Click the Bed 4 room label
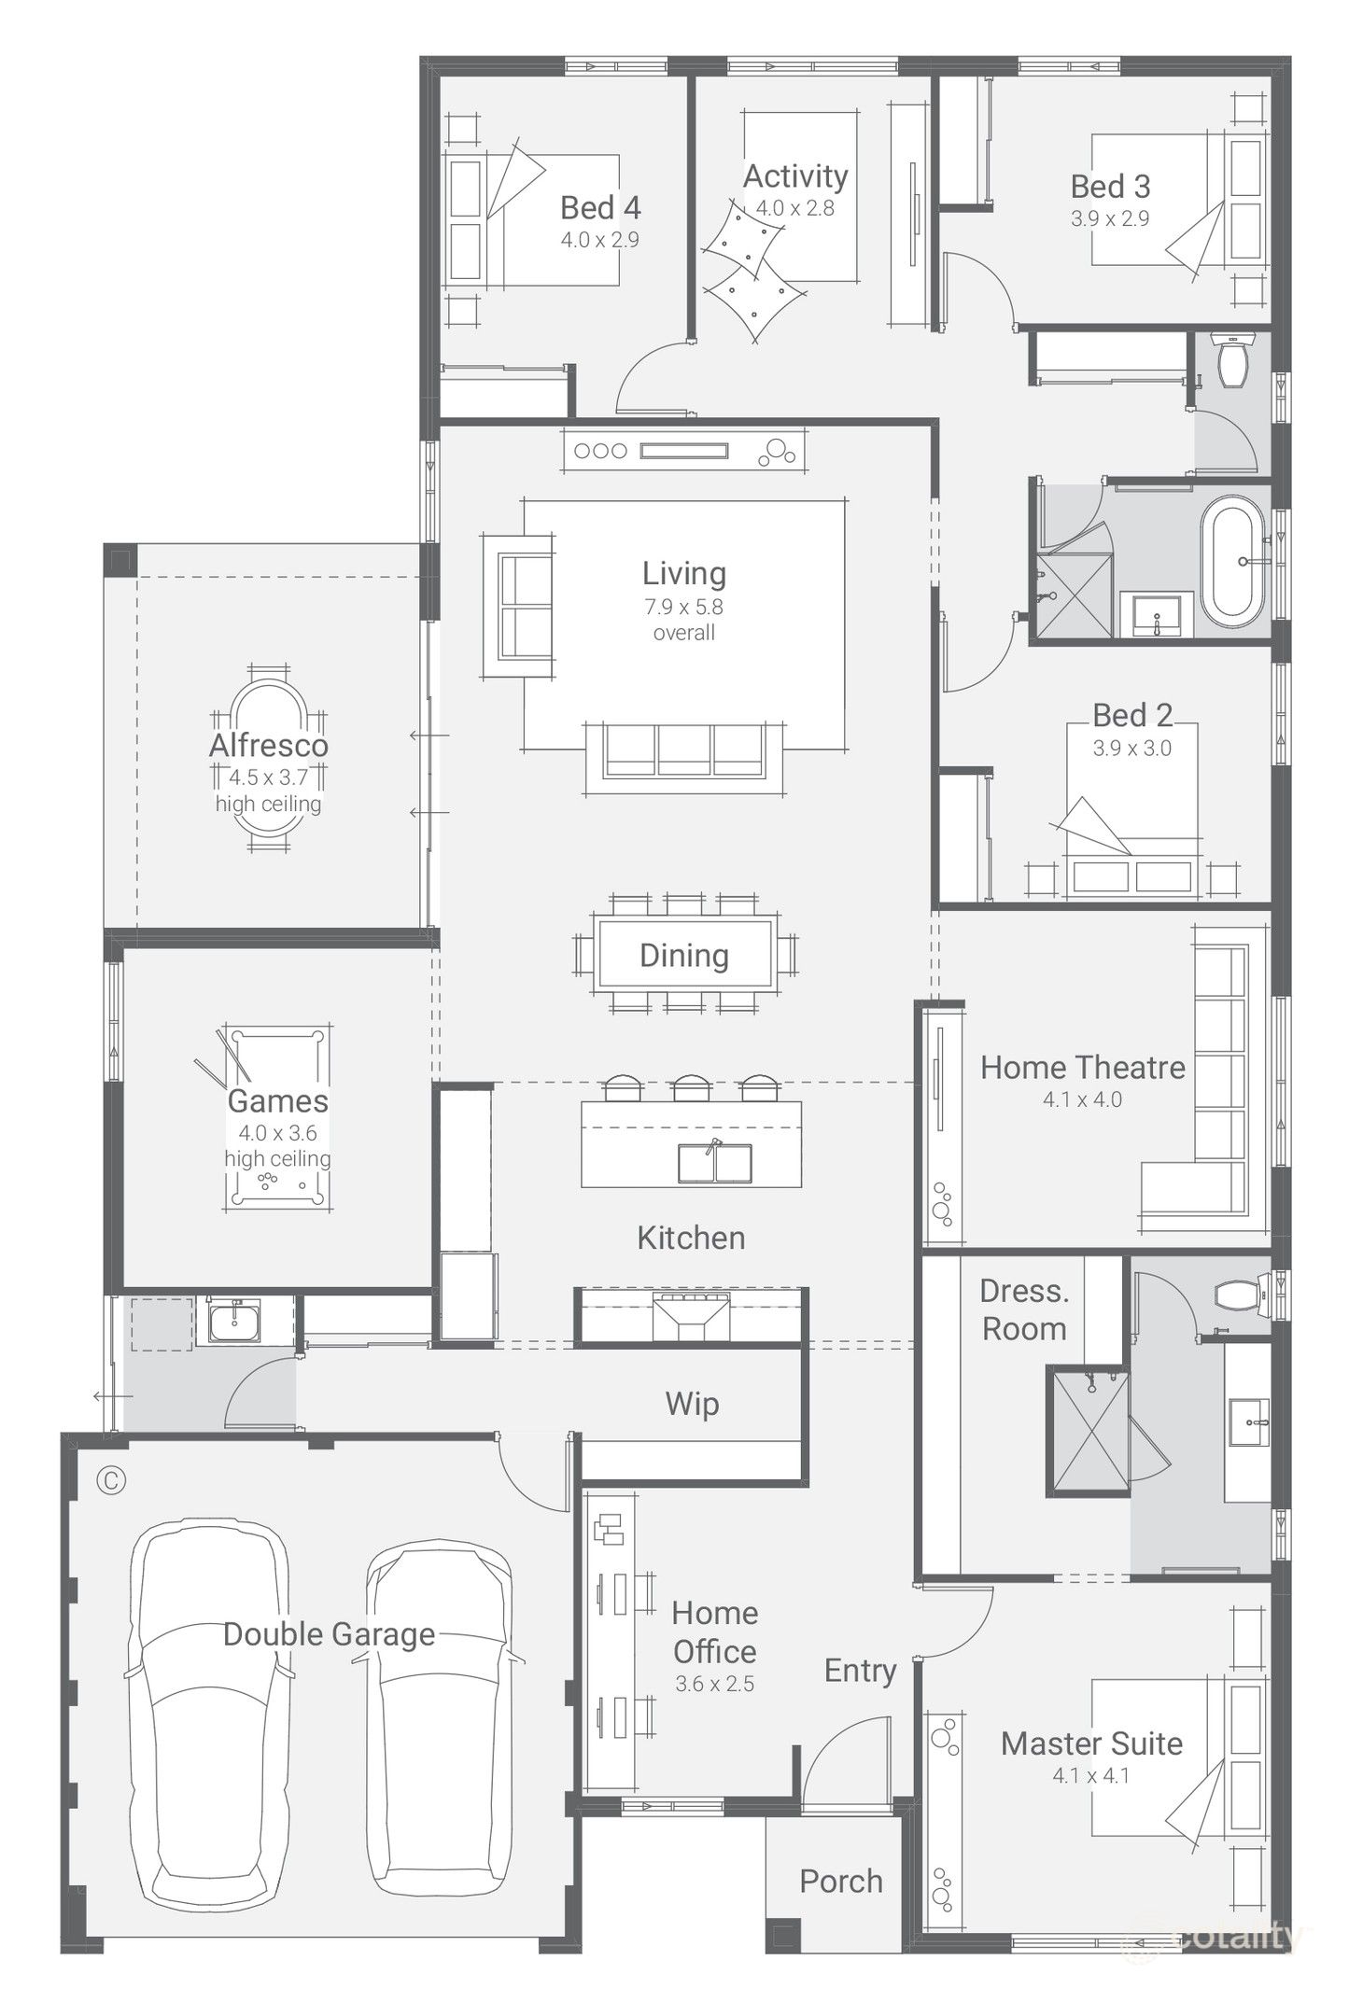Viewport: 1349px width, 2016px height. click(x=599, y=208)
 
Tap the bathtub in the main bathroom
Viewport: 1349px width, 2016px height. click(x=1231, y=562)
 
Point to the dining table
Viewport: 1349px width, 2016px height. click(x=685, y=955)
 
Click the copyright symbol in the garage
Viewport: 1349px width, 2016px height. click(x=111, y=1481)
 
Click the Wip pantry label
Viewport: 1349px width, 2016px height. click(x=692, y=1404)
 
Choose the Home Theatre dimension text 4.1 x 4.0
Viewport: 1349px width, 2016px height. click(x=1082, y=1099)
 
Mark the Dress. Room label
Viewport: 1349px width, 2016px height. click(x=1024, y=1309)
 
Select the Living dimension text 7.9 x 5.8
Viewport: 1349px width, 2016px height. click(x=683, y=607)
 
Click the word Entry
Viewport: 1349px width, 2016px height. click(x=860, y=1671)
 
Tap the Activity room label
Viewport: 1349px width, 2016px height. click(x=795, y=176)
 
